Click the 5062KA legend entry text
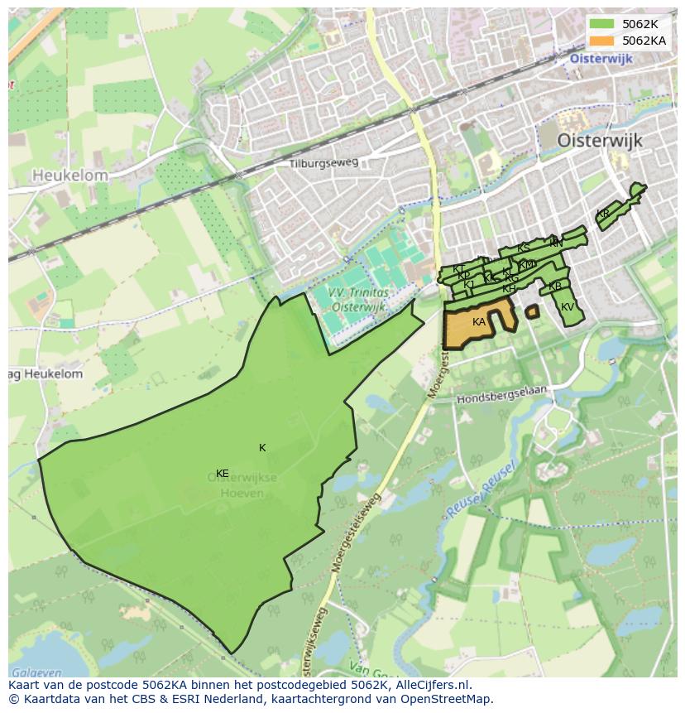click(644, 40)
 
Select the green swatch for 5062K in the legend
click(602, 24)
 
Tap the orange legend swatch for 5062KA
click(602, 40)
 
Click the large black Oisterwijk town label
click(599, 140)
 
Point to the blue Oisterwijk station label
click(601, 59)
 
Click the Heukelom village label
click(70, 176)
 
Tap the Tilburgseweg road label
click(323, 163)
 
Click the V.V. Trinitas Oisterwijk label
click(357, 300)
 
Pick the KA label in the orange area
click(479, 322)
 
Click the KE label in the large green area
click(222, 474)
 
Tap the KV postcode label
click(568, 307)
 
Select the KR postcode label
click(602, 214)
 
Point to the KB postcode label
click(555, 287)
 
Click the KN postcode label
click(556, 243)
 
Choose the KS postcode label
click(523, 248)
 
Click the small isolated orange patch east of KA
click(532, 311)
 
